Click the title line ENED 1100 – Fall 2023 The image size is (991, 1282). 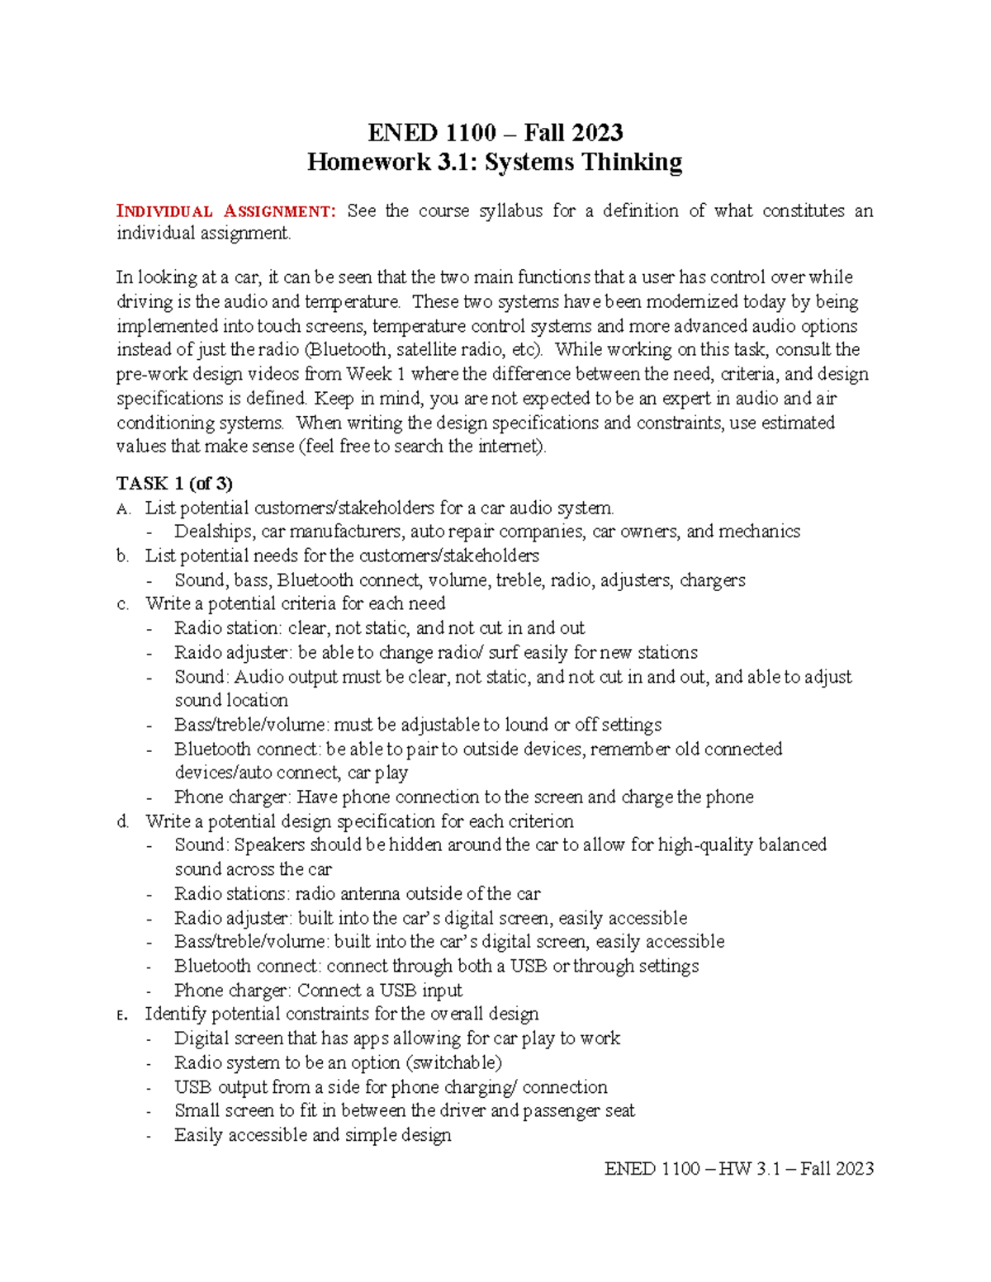point(495,133)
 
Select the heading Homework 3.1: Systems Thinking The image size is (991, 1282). point(495,162)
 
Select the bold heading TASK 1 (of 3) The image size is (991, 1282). point(174,483)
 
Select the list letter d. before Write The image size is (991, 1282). point(123,821)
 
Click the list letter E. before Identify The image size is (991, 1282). point(122,1015)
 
